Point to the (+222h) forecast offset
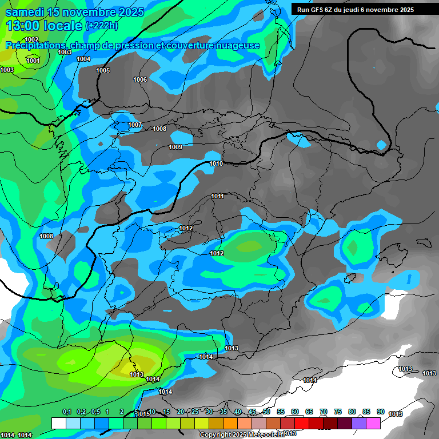click(101, 26)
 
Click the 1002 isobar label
click(32, 39)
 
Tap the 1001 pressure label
click(33, 61)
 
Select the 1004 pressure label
click(83, 59)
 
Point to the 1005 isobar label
click(103, 70)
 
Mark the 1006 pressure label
click(140, 79)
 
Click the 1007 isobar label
click(135, 125)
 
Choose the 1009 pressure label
click(175, 147)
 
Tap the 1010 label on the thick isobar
click(216, 163)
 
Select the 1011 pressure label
click(217, 196)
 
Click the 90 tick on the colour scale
click(381, 412)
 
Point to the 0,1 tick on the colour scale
click(67, 412)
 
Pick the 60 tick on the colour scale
click(295, 412)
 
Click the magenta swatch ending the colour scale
click(373, 423)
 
